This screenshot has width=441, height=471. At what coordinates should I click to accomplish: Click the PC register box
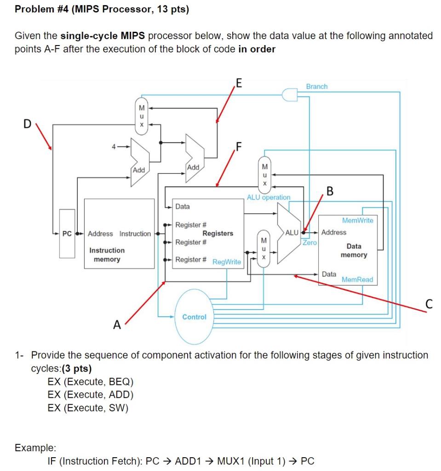click(67, 234)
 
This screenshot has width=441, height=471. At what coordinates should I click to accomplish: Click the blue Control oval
click(194, 317)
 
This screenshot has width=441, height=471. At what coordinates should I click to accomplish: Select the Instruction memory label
click(107, 255)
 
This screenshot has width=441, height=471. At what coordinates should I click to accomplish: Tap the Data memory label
click(354, 251)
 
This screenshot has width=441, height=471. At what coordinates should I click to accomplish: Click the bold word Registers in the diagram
click(218, 233)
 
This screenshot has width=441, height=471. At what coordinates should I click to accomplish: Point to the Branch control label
click(316, 86)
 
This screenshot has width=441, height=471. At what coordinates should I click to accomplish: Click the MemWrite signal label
click(358, 221)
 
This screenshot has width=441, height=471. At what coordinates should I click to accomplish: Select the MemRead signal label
click(357, 279)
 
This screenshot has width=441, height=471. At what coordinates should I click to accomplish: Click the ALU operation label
click(269, 197)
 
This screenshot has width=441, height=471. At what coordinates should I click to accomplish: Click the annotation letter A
click(117, 325)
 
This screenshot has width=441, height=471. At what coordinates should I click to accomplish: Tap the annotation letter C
click(429, 304)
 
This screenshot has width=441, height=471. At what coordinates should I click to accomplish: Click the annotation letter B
click(329, 190)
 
